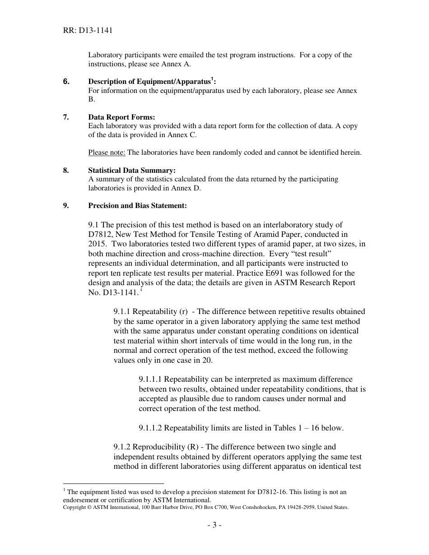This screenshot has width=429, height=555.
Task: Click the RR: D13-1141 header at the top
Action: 88,31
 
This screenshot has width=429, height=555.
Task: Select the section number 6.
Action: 66,82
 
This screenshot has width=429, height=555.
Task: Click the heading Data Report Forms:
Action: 121,117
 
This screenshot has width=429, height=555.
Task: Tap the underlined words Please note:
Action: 107,153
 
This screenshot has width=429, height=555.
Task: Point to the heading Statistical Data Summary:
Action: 132,171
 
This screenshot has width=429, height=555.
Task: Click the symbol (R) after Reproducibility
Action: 192,447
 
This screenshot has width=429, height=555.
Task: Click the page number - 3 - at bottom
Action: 214,525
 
